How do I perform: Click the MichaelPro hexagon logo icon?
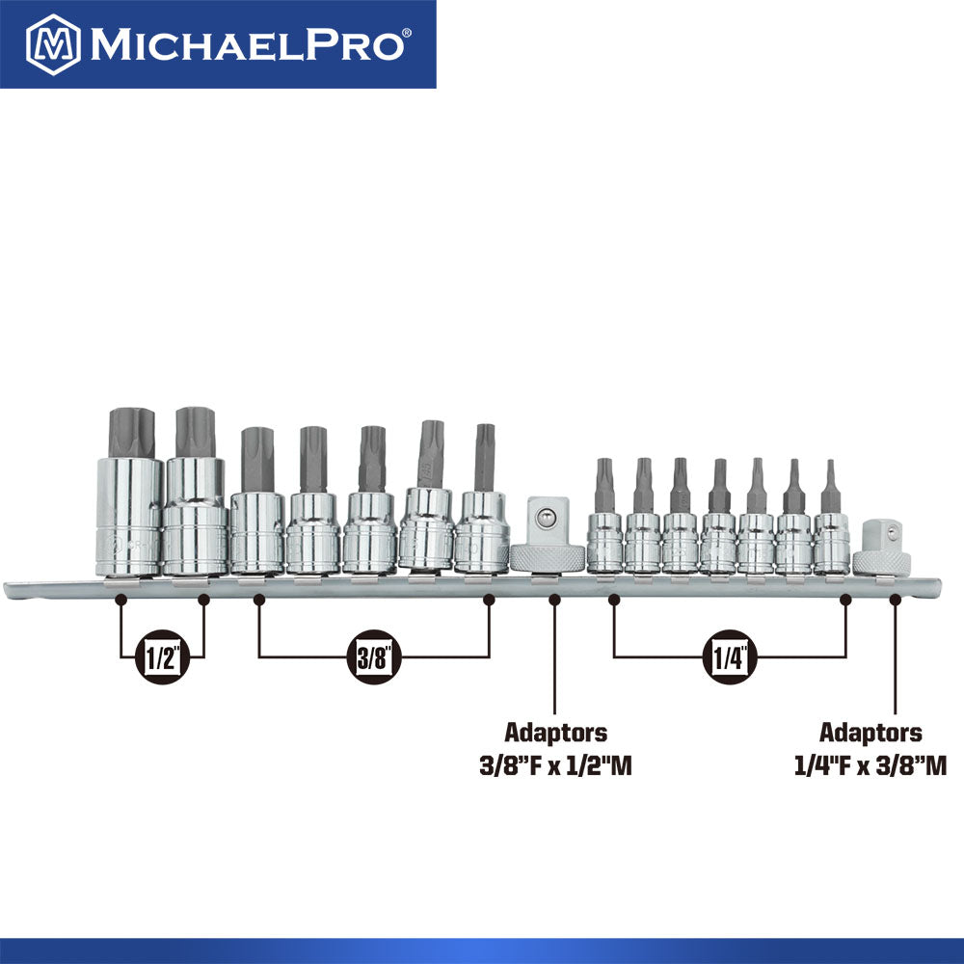pyautogui.click(x=53, y=44)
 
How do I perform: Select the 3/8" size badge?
pyautogui.click(x=372, y=657)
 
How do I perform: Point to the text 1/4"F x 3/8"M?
pyautogui.click(x=870, y=766)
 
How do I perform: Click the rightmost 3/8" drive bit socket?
pyautogui.click(x=482, y=530)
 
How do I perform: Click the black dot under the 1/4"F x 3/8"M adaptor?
pyautogui.click(x=894, y=600)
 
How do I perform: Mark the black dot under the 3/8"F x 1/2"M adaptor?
pyautogui.click(x=554, y=600)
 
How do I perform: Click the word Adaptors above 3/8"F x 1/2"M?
pyautogui.click(x=554, y=733)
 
